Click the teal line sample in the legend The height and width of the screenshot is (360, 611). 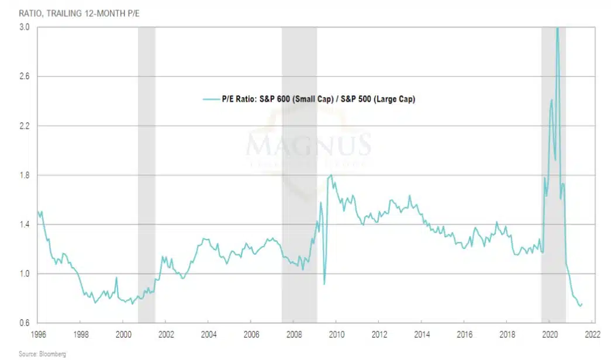tap(210, 99)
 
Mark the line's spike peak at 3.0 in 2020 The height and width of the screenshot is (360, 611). tap(557, 28)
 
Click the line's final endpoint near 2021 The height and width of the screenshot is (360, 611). tap(582, 304)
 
